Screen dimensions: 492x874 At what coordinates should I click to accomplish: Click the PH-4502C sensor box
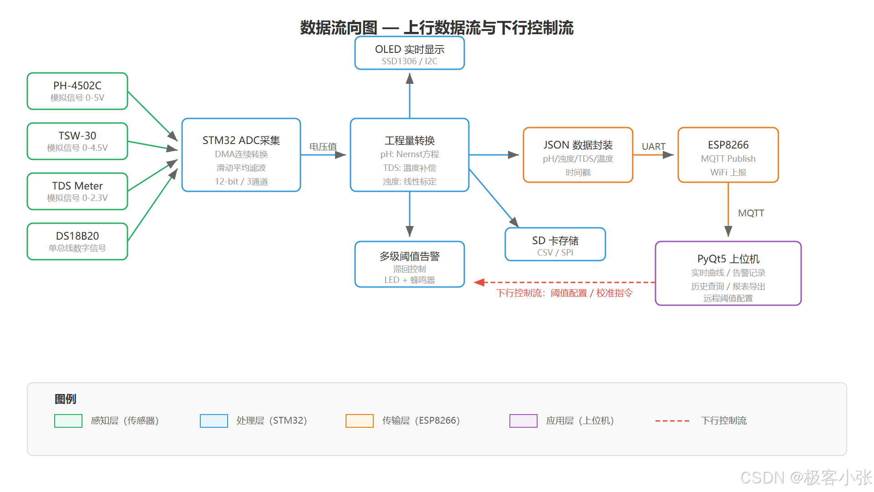click(x=77, y=91)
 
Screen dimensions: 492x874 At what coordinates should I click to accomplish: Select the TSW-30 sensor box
click(x=77, y=141)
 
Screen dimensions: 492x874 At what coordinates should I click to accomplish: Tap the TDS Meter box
click(x=77, y=191)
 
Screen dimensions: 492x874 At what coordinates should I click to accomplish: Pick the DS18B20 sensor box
click(x=77, y=241)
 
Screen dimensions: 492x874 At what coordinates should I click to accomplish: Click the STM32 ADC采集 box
click(x=241, y=155)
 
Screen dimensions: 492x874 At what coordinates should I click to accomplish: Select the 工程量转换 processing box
click(x=410, y=155)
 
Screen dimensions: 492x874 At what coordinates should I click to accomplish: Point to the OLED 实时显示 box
click(x=410, y=53)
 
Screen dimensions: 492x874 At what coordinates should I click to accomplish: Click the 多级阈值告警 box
click(x=410, y=264)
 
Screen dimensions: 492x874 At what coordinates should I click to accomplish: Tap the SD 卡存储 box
click(x=555, y=245)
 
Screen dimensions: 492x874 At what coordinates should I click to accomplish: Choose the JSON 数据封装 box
click(x=578, y=155)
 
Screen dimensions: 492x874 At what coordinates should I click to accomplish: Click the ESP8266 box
click(x=728, y=155)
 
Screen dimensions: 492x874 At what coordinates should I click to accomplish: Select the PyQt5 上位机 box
click(x=728, y=273)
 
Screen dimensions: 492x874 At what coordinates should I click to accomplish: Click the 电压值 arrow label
click(x=323, y=147)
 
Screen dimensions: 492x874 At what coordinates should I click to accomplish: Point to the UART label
click(x=653, y=147)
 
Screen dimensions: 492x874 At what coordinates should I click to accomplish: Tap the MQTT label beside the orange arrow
click(x=751, y=213)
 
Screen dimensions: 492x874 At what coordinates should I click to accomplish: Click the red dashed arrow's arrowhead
click(x=479, y=282)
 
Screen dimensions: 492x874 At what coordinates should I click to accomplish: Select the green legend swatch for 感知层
click(x=68, y=421)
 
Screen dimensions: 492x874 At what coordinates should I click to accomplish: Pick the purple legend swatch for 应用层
click(x=523, y=421)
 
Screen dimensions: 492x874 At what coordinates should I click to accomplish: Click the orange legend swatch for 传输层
click(x=360, y=421)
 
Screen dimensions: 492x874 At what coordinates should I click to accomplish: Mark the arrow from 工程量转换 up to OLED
click(x=410, y=96)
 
